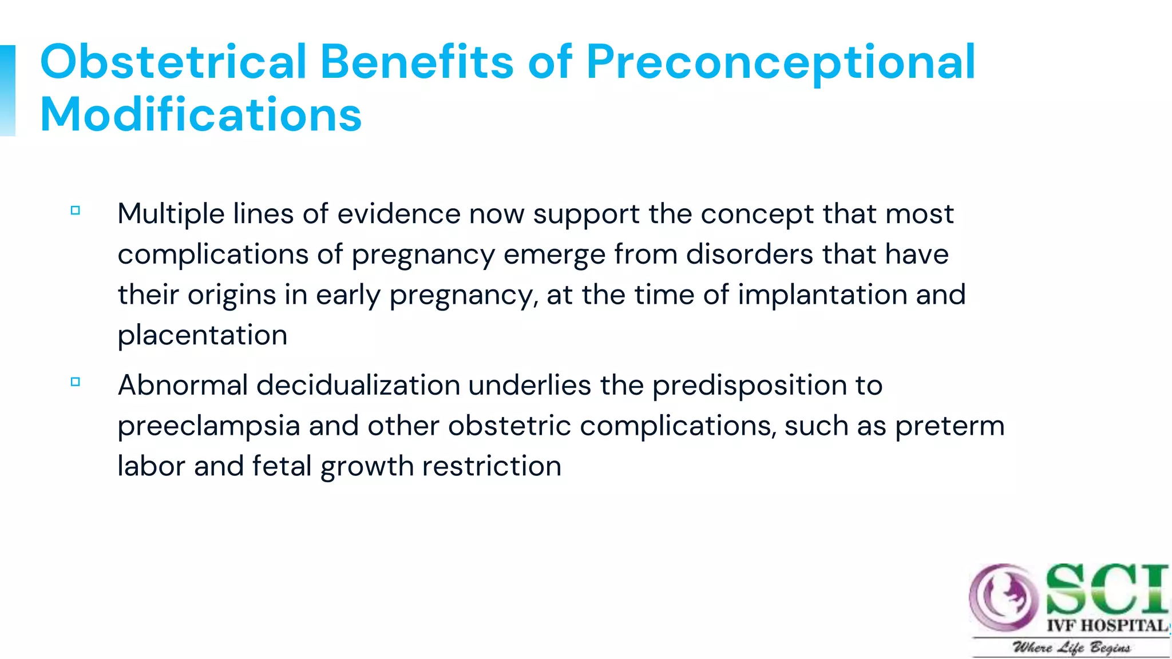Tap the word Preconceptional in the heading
[781, 63]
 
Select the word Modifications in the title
[201, 114]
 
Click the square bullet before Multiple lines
[75, 211]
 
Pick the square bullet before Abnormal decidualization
[75, 382]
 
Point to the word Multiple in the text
[171, 215]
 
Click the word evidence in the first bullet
[398, 214]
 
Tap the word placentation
[202, 335]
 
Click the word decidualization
[358, 385]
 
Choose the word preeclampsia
[208, 427]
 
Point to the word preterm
[949, 426]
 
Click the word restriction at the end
[492, 466]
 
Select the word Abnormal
[182, 385]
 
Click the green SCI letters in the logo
[1106, 589]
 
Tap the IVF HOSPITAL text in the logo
[1107, 625]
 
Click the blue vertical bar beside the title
[7, 90]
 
